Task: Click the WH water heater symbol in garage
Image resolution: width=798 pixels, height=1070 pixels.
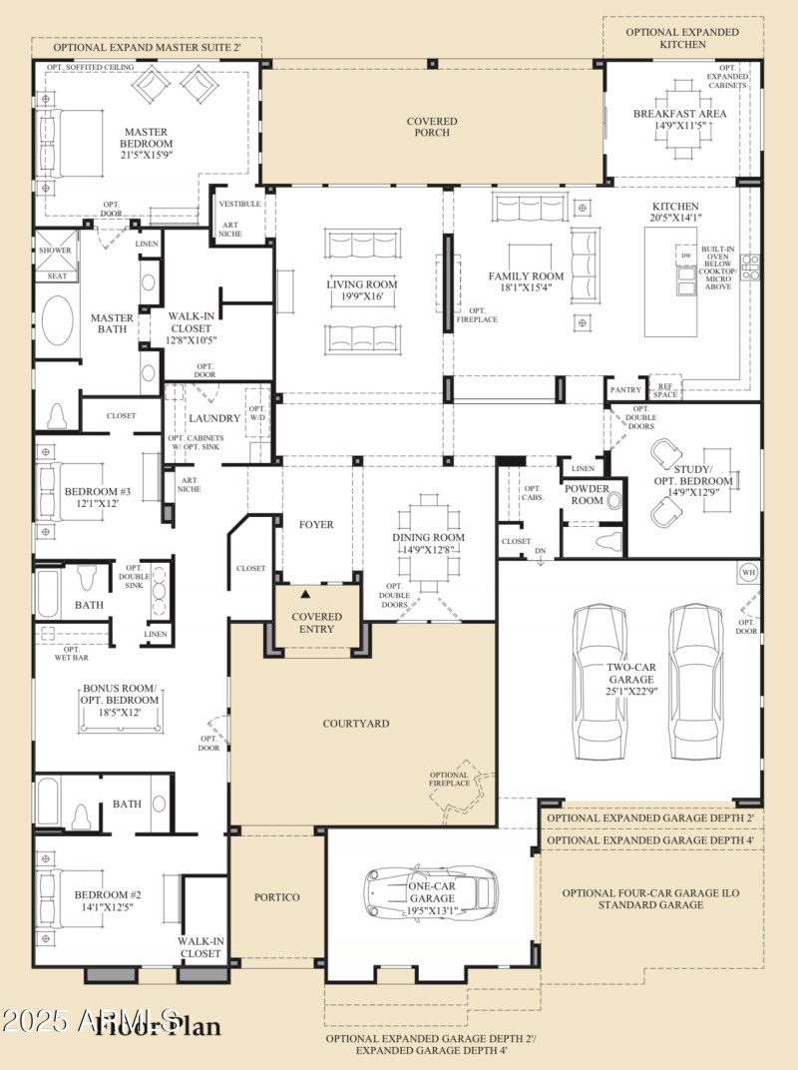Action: pyautogui.click(x=747, y=572)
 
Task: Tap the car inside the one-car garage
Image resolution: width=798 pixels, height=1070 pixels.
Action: pyautogui.click(x=432, y=892)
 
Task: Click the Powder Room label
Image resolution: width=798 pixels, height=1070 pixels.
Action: pyautogui.click(x=587, y=494)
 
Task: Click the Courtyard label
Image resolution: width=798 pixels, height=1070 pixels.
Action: pyautogui.click(x=356, y=723)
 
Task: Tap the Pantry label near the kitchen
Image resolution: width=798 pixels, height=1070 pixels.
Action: pyautogui.click(x=624, y=389)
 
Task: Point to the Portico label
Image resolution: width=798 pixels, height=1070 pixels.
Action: pyautogui.click(x=277, y=896)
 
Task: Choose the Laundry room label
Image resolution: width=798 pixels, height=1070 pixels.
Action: pyautogui.click(x=214, y=418)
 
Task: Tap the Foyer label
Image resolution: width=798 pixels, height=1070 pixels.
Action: pyautogui.click(x=317, y=524)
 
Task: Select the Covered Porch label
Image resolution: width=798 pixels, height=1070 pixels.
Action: pyautogui.click(x=432, y=127)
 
